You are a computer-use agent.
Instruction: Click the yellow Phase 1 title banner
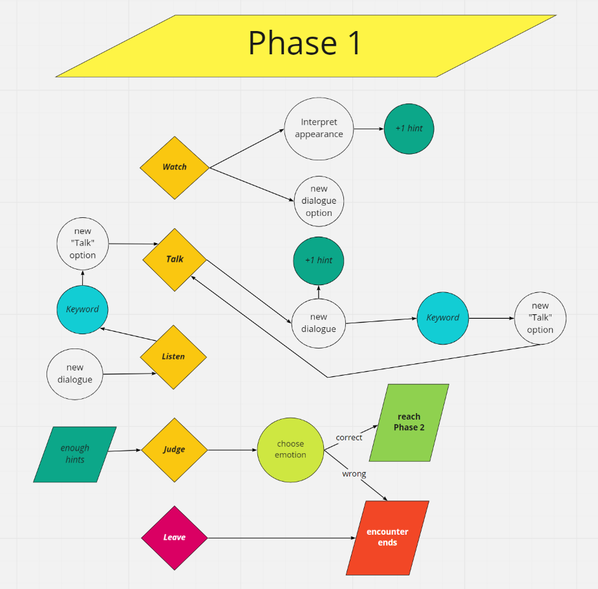coord(306,46)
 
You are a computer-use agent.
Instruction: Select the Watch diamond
coord(175,168)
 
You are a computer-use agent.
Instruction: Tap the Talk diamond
coord(175,260)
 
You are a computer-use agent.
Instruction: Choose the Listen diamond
coord(173,357)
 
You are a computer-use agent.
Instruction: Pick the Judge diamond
coord(175,450)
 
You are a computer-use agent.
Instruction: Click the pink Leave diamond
coord(175,538)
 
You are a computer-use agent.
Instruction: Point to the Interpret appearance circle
coord(319,129)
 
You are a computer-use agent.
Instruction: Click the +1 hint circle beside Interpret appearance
coord(409,129)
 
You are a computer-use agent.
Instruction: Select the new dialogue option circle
coord(319,201)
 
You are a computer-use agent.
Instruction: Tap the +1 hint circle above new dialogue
coord(319,261)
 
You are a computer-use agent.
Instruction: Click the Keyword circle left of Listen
coord(82,310)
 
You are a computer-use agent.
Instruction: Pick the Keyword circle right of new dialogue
coord(443,318)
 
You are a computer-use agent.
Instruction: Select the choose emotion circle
coord(291,450)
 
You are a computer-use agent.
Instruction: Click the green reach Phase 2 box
coord(409,423)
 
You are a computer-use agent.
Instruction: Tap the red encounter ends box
coord(387,538)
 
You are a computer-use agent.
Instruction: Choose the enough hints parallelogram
coord(75,455)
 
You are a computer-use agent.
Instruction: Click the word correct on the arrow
coord(349,438)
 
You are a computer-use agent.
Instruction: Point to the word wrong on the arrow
coord(354,474)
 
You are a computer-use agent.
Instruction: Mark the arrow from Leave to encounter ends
coord(281,538)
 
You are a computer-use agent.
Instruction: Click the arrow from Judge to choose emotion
coord(232,450)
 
